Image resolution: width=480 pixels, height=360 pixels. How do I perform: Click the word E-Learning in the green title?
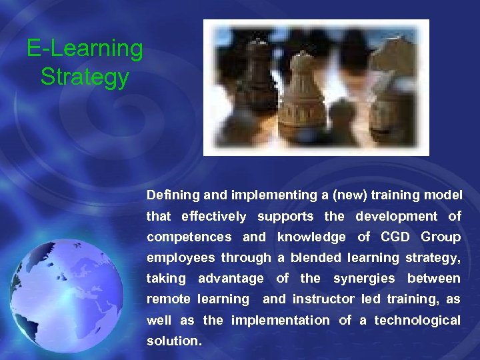(x=85, y=49)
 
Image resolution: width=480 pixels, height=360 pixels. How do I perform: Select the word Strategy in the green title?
(x=85, y=77)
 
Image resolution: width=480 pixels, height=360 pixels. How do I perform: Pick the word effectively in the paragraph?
(x=213, y=216)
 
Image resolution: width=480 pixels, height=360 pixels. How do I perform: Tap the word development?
(x=397, y=216)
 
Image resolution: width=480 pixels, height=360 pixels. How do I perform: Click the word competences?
(x=189, y=237)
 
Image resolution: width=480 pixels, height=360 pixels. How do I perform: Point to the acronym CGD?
(x=396, y=237)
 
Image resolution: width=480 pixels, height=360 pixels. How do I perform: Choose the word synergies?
(x=363, y=278)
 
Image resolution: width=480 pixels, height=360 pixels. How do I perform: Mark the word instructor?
(x=324, y=299)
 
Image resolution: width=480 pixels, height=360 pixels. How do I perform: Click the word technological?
(x=417, y=320)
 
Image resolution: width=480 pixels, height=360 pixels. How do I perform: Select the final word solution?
(x=173, y=341)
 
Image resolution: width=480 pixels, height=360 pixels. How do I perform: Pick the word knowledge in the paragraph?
(x=311, y=237)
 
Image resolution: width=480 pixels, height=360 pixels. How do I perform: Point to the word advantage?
(x=231, y=278)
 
